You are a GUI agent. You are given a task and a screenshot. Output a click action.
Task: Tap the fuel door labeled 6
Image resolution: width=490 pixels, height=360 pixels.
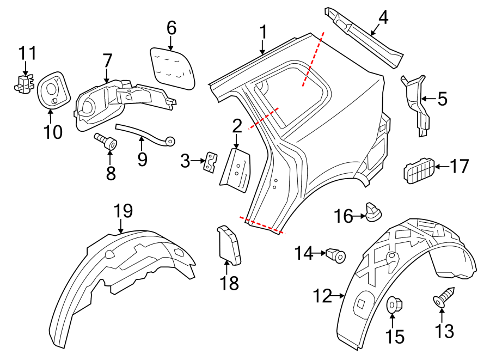point(172,66)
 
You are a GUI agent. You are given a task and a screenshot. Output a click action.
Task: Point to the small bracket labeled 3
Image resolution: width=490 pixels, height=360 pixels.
point(210,162)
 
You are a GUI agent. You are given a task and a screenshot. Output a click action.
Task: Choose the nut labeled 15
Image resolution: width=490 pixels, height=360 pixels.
point(394,305)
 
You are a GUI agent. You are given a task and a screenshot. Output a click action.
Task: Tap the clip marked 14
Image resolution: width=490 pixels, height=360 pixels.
point(335,254)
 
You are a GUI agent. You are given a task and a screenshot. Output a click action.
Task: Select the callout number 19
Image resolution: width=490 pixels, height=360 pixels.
point(124,211)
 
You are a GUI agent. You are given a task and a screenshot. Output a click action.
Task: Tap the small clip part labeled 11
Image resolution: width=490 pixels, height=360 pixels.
point(22,83)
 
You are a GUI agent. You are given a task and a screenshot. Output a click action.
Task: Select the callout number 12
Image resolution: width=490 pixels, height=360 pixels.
point(322,296)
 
